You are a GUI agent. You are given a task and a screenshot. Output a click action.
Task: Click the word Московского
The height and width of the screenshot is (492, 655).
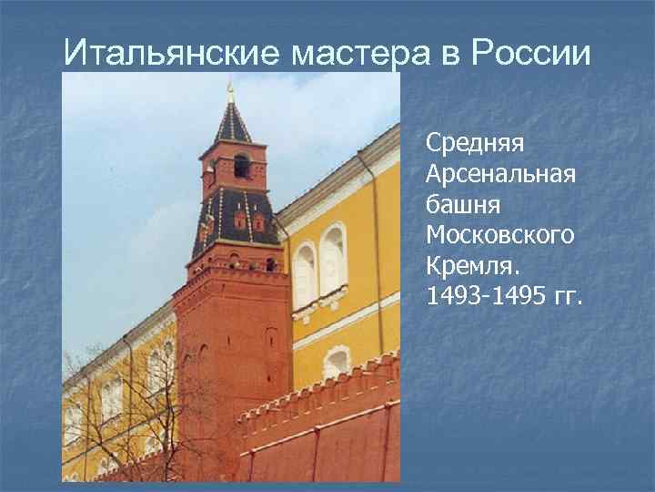coord(499,235)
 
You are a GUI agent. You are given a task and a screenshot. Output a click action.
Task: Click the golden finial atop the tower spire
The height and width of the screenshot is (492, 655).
coord(231,90)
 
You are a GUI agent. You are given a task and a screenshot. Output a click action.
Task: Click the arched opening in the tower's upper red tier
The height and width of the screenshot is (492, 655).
coord(240,165)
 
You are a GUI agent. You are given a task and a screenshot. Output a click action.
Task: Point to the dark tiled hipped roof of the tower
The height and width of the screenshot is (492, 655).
coord(235,219)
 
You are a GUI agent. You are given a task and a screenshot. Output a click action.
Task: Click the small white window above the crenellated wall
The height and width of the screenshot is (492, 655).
coord(336,362)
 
